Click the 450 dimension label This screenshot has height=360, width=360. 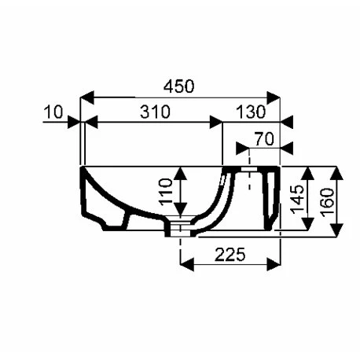(179, 86)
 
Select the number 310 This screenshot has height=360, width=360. (155, 112)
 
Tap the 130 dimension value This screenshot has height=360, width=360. (251, 112)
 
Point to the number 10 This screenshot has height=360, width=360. (53, 112)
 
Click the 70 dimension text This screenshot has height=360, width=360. (264, 139)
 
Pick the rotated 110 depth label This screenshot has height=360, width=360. (166, 191)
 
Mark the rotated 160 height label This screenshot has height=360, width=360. (328, 202)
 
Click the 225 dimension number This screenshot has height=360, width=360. (230, 255)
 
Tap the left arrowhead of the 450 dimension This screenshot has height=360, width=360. (86, 97)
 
